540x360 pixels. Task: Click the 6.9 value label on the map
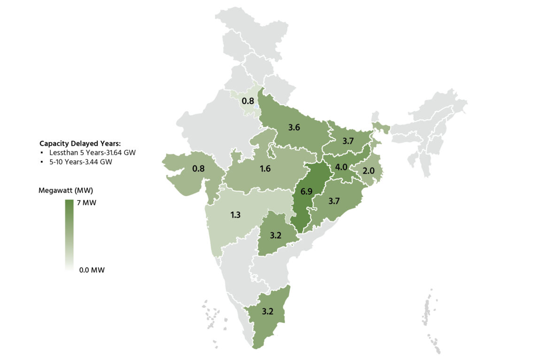[306, 191]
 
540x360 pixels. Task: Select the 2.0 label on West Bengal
[368, 171]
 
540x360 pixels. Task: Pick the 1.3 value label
[236, 215]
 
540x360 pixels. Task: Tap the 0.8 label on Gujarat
[198, 168]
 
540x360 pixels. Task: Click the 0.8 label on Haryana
[248, 101]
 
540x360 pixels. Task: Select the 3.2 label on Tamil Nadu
[268, 311]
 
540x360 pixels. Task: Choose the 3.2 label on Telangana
[276, 236]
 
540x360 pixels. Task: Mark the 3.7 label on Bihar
[348, 141]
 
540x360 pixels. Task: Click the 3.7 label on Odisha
[334, 201]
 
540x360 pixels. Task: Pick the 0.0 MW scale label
[92, 270]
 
